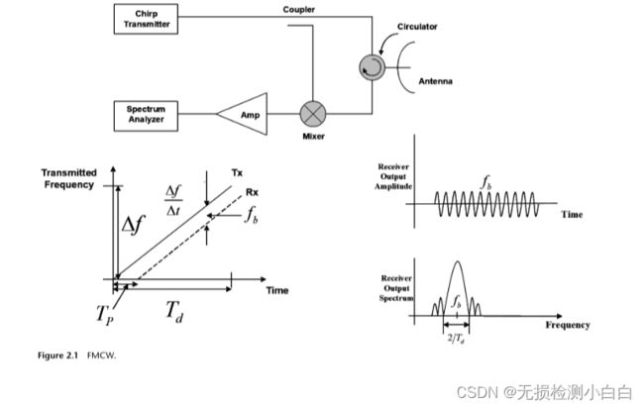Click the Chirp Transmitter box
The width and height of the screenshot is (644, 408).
point(146,19)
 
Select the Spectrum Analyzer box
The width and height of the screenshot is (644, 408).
point(146,116)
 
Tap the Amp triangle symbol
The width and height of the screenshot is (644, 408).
point(243,114)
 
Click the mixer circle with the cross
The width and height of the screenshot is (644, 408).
point(313,114)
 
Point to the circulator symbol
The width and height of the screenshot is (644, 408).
point(373,67)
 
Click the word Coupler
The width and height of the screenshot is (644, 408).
point(298,10)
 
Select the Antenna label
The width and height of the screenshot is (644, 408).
point(435,81)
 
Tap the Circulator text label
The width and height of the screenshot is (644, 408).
point(417,27)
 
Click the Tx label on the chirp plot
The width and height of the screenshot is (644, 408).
point(237,172)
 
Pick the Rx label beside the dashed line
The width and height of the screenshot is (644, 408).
point(252,192)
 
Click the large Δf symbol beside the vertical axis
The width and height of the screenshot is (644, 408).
point(133,225)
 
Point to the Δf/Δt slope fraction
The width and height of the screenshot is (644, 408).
point(173,201)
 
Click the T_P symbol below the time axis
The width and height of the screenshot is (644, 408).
point(104,315)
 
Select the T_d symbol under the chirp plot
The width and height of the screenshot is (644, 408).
point(174,312)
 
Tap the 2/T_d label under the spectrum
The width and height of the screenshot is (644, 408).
point(456,339)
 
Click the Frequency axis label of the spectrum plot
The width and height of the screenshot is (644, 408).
point(568,325)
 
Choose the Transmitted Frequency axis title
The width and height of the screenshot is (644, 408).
point(69,179)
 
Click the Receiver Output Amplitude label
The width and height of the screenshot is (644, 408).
point(393,176)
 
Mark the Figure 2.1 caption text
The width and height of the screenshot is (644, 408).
point(77,356)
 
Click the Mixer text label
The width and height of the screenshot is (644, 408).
point(313,137)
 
